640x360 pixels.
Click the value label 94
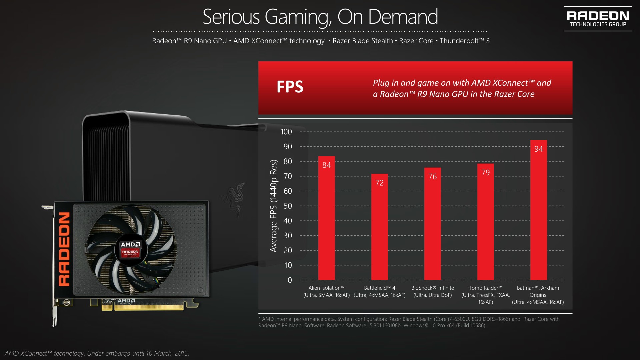[x=539, y=149]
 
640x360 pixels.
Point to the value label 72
[x=379, y=183]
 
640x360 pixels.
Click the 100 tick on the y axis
[x=286, y=132]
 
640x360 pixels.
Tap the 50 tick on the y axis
[x=287, y=206]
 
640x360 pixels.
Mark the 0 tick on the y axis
[x=290, y=280]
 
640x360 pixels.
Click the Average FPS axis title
[x=273, y=206]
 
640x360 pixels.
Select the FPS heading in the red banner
[x=290, y=87]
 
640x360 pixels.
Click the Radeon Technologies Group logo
[x=598, y=19]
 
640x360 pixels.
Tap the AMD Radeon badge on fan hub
[x=131, y=249]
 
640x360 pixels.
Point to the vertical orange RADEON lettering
[x=64, y=249]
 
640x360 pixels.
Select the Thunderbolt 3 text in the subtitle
[x=464, y=41]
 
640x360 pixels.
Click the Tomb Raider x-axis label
[x=485, y=295]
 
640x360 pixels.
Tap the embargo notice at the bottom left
[x=97, y=353]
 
